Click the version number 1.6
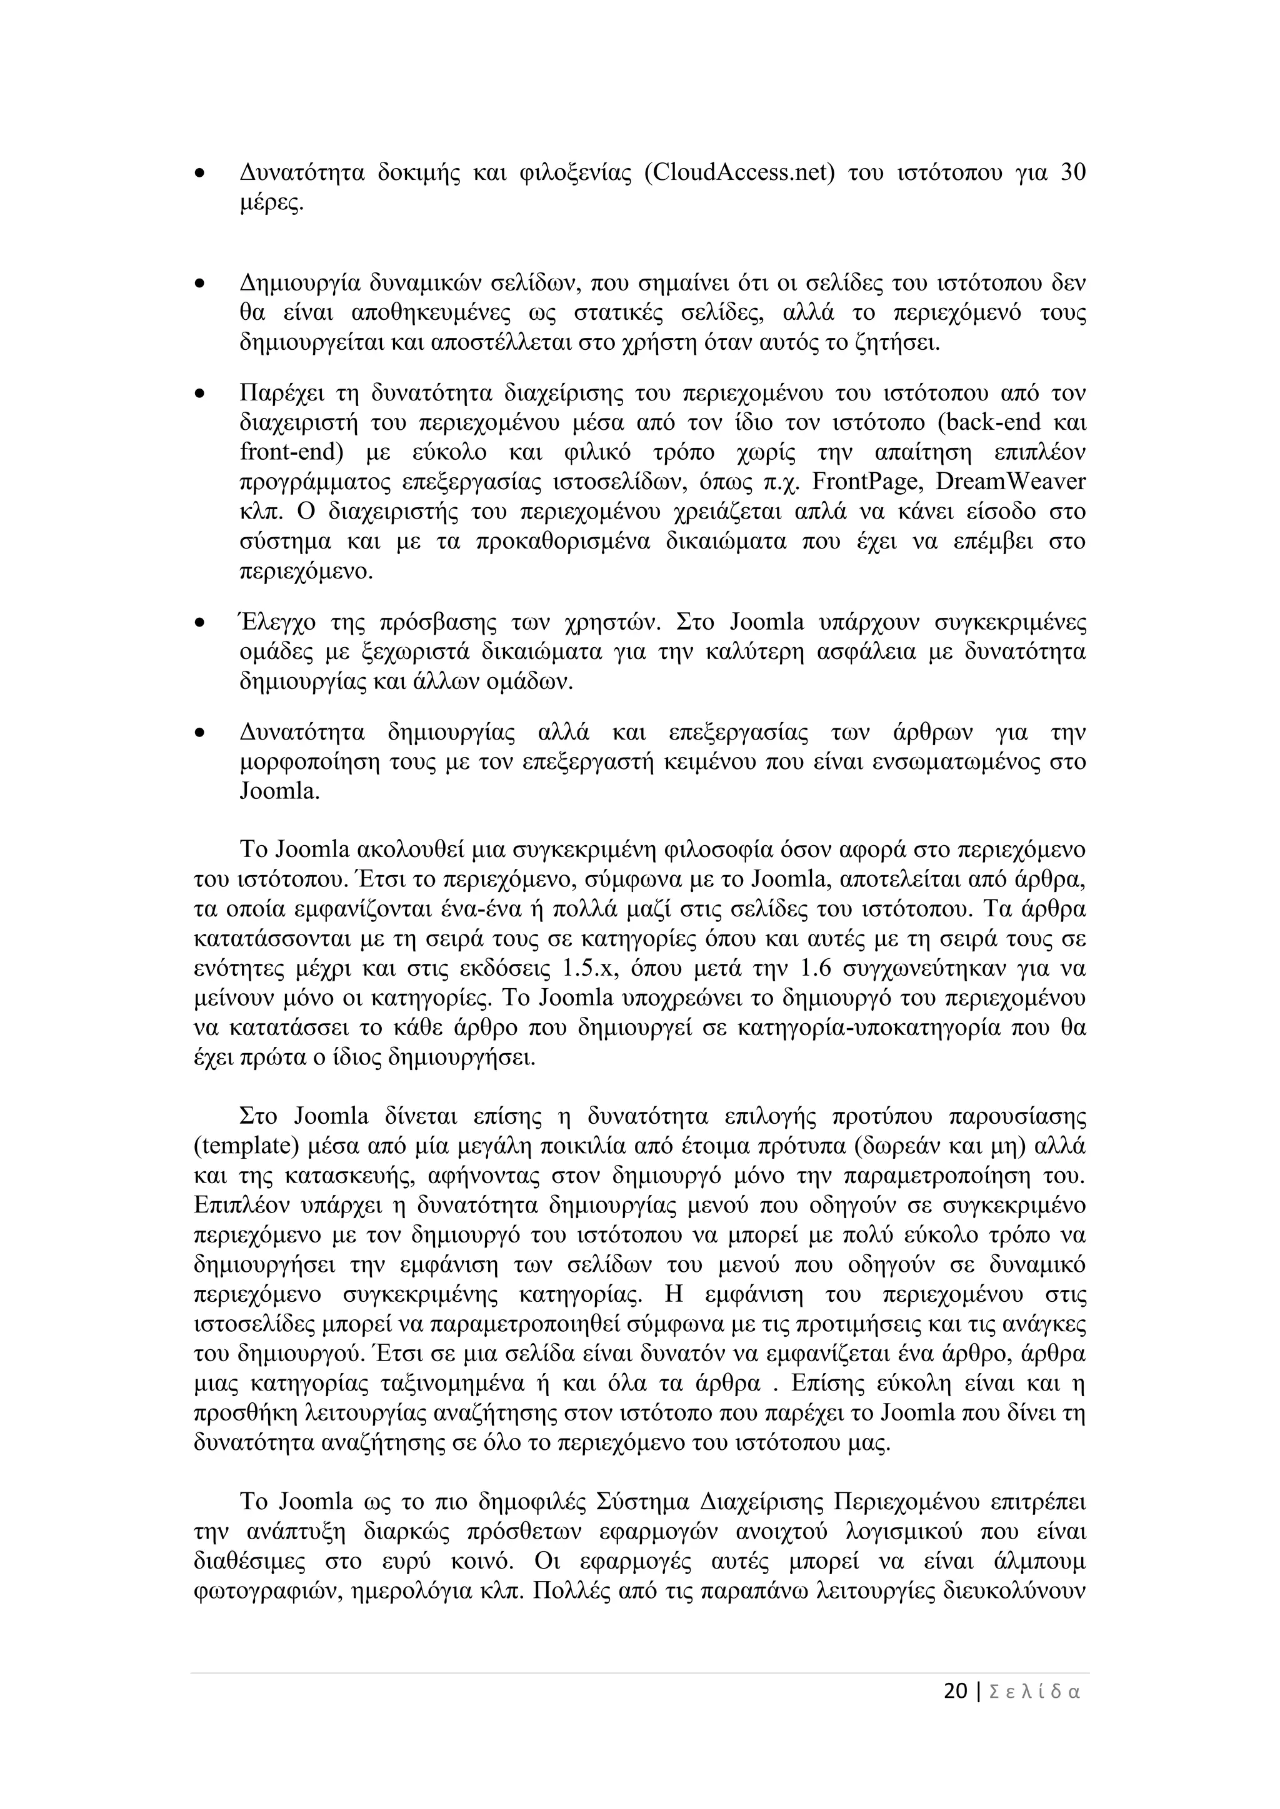click(x=816, y=968)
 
